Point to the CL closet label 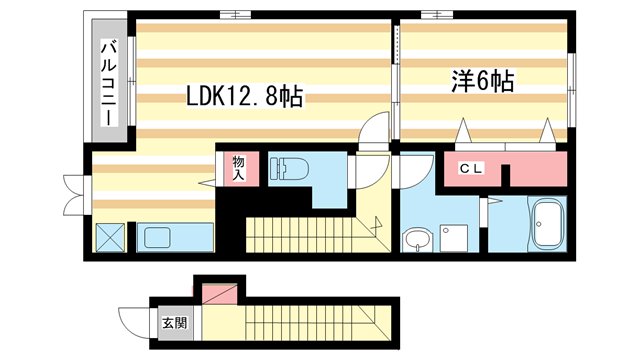tap(471, 167)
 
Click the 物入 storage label tap(240, 166)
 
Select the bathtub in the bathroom tap(546, 226)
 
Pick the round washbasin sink tap(415, 239)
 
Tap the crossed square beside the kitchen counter tap(109, 238)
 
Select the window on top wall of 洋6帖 tap(437, 14)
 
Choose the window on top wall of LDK tap(236, 14)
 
